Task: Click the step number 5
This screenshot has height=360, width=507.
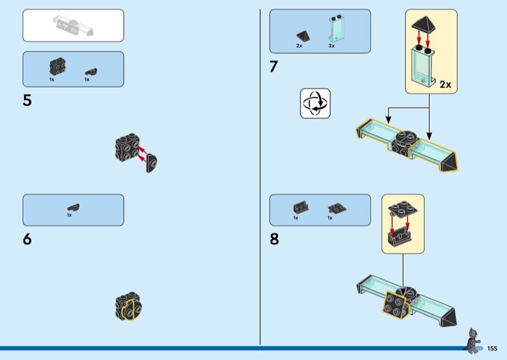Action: [x=27, y=100]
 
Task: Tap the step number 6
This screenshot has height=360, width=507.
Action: [x=27, y=240]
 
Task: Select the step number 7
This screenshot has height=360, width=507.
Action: [x=274, y=67]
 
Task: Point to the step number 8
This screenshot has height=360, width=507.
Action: [x=274, y=240]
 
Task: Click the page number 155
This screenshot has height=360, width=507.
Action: [x=492, y=348]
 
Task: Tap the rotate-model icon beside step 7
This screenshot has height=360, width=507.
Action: [x=316, y=103]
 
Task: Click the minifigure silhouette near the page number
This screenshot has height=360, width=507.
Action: [x=473, y=340]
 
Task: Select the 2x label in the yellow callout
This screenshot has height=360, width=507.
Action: [x=445, y=84]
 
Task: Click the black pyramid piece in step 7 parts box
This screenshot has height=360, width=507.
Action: [x=302, y=35]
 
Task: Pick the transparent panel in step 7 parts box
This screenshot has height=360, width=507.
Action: [x=332, y=29]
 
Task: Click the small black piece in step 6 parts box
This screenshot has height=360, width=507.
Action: [x=73, y=207]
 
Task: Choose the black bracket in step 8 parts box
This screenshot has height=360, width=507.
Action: [x=299, y=207]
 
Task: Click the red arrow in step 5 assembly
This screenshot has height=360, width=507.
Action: [x=145, y=151]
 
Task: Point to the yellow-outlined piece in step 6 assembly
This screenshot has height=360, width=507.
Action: [x=129, y=309]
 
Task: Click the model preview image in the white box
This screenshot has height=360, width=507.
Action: [x=74, y=26]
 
